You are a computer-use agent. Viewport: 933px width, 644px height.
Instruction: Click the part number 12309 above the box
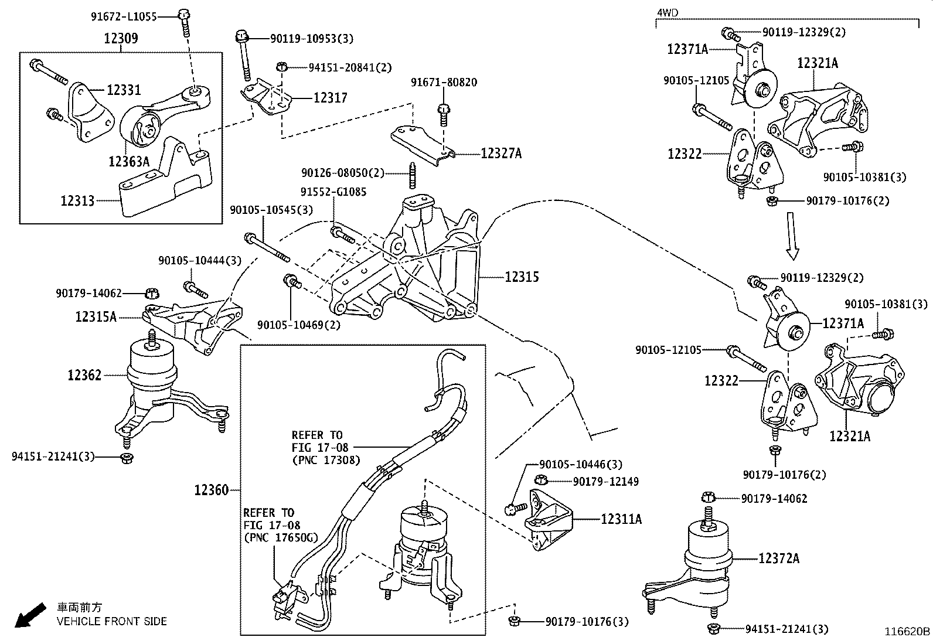pyautogui.click(x=121, y=39)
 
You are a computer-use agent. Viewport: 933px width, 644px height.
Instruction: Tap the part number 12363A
pyautogui.click(x=128, y=161)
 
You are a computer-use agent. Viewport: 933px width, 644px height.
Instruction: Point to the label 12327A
pyautogui.click(x=500, y=154)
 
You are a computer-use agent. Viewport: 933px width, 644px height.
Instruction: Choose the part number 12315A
pyautogui.click(x=96, y=317)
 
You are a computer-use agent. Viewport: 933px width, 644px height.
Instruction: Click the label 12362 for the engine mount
pyautogui.click(x=84, y=375)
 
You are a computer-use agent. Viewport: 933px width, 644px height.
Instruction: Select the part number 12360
pyautogui.click(x=211, y=490)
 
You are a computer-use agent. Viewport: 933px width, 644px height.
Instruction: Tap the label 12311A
pyautogui.click(x=621, y=519)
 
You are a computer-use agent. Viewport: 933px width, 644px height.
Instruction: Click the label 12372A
pyautogui.click(x=778, y=558)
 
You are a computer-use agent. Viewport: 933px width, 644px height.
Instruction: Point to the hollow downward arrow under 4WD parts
pyautogui.click(x=792, y=236)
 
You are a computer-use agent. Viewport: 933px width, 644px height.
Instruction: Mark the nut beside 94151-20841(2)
pyautogui.click(x=282, y=66)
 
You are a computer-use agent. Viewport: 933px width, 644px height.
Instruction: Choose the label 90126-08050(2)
pyautogui.click(x=343, y=173)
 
